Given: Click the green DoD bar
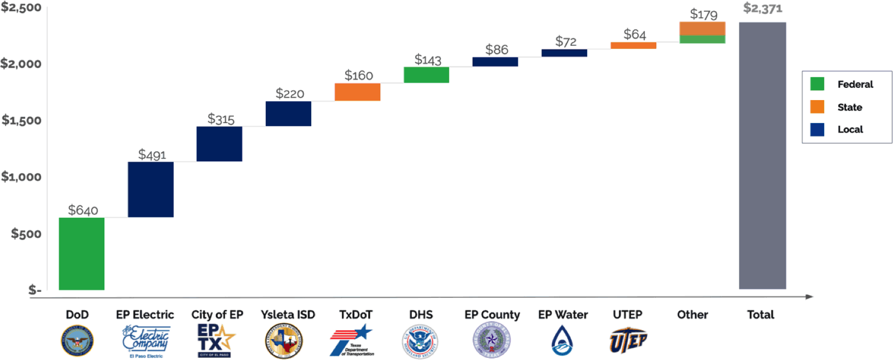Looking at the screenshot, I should point(82,253).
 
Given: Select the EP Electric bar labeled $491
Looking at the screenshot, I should point(151,189).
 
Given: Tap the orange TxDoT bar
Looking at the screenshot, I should point(358,92).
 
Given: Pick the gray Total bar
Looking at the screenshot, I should point(762,156).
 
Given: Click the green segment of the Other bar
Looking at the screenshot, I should point(702,39).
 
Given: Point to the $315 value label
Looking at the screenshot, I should point(221,119).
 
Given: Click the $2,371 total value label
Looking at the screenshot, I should point(762,9).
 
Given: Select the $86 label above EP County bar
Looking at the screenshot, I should point(497,50).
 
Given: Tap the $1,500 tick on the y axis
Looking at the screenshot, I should point(21,120).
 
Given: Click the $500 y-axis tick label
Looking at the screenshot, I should point(26,234).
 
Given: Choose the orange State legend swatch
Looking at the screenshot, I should point(817,107).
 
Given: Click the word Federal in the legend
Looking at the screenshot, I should point(855,84).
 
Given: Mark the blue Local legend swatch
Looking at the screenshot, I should point(817,129).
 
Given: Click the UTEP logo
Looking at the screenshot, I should point(628,341).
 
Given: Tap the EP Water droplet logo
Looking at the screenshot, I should point(562,341).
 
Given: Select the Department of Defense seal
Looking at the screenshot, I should point(77,341).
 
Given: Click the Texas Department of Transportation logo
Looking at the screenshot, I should point(352,341).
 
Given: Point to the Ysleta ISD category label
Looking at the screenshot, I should point(288,315).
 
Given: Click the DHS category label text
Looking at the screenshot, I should point(421,315).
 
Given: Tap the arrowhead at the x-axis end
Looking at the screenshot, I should point(810,297).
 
